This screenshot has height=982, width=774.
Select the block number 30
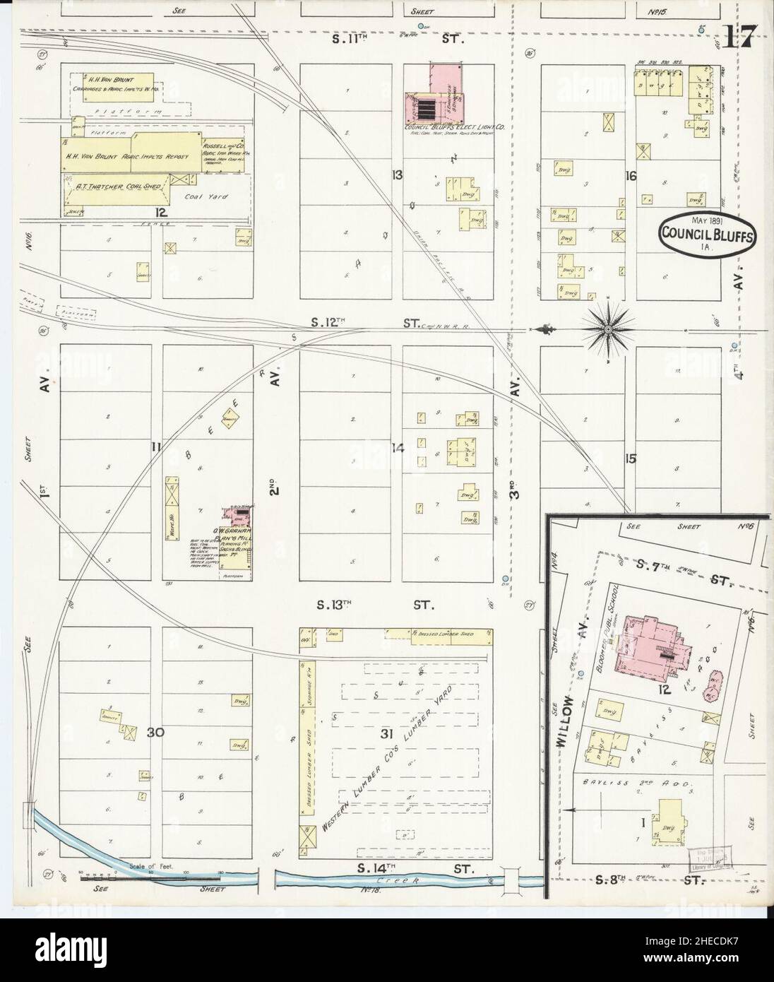(x=156, y=733)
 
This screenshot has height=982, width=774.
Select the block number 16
(x=630, y=175)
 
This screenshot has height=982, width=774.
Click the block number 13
(x=398, y=174)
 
